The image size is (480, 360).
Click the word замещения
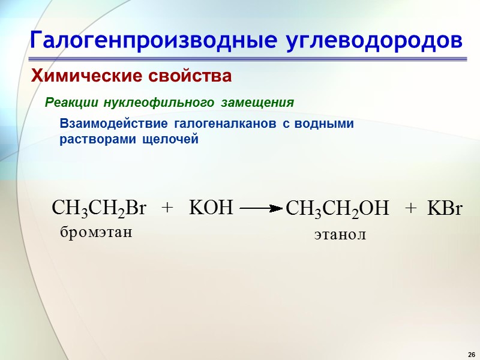(257, 103)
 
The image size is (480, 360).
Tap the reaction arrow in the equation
(260, 209)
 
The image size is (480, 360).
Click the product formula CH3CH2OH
(338, 209)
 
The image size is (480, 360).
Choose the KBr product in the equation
(445, 209)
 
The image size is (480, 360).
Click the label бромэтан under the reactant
(95, 232)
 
